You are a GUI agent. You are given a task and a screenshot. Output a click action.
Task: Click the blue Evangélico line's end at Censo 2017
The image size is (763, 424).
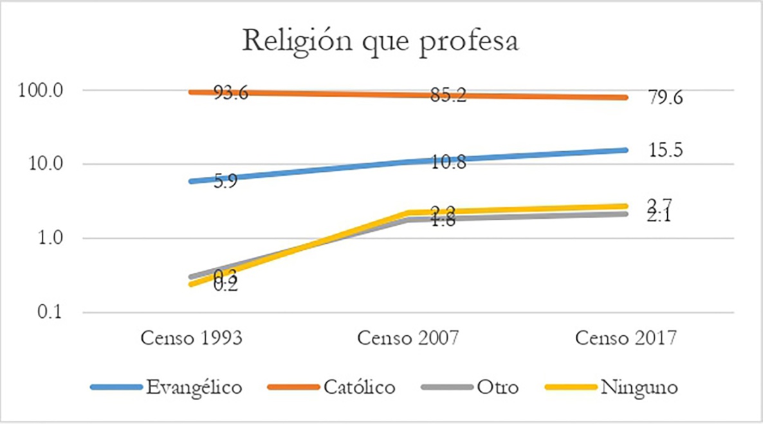coord(625,150)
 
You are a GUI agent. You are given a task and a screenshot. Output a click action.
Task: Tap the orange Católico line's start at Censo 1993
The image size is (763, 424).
coord(191,92)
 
